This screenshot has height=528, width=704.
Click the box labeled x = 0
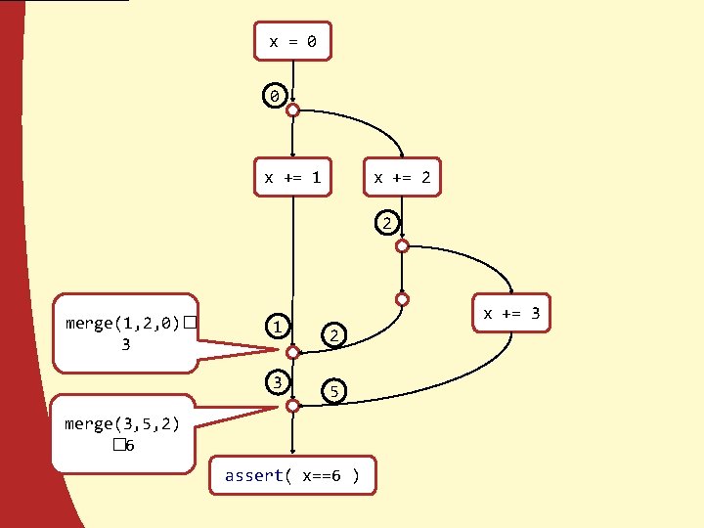click(x=292, y=42)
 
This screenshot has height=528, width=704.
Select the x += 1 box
click(x=292, y=178)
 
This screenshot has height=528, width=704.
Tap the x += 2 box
click(x=402, y=178)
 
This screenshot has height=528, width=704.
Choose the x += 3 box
click(x=511, y=314)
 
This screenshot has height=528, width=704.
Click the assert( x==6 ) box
click(x=292, y=476)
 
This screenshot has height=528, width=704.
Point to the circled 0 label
click(x=275, y=97)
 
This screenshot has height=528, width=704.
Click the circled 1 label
click(x=279, y=326)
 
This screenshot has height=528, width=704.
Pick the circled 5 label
click(x=333, y=391)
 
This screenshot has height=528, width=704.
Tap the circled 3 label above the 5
click(x=279, y=381)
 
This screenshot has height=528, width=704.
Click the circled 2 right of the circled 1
click(x=333, y=335)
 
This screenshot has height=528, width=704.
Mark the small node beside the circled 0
click(x=292, y=111)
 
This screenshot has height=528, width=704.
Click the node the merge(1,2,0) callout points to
click(x=292, y=350)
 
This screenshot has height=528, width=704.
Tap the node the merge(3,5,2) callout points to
click(x=292, y=406)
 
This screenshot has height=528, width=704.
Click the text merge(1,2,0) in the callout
click(x=122, y=323)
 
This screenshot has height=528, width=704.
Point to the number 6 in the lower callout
click(x=129, y=446)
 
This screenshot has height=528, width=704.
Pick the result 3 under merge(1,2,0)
click(x=125, y=344)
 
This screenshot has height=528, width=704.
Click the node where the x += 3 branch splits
click(x=402, y=246)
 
